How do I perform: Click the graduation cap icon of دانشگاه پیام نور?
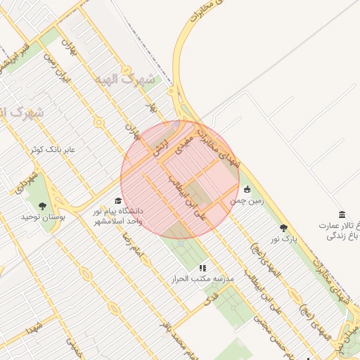(118, 200)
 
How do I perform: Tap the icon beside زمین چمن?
(247, 189)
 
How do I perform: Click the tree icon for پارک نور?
(284, 228)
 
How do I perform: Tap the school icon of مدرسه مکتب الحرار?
(202, 268)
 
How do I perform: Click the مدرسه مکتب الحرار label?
(202, 279)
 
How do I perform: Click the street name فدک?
(210, 300)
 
